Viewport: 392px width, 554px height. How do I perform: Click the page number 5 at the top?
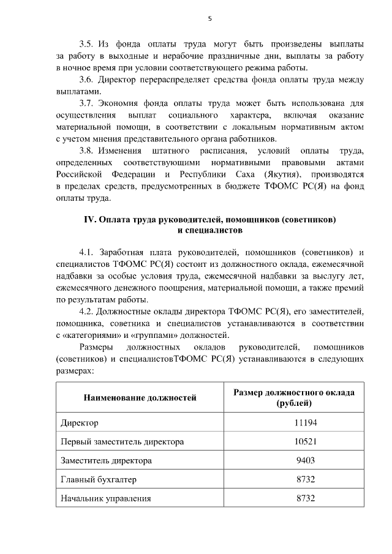click(x=209, y=18)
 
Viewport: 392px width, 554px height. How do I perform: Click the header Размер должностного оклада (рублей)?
click(x=294, y=398)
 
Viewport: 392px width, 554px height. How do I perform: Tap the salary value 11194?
click(x=305, y=423)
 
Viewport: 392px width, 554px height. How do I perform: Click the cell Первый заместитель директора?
click(x=122, y=441)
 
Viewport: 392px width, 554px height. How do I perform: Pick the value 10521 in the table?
click(x=305, y=441)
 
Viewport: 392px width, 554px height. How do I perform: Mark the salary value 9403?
click(x=305, y=460)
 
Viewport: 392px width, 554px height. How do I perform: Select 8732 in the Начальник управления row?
click(x=305, y=498)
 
